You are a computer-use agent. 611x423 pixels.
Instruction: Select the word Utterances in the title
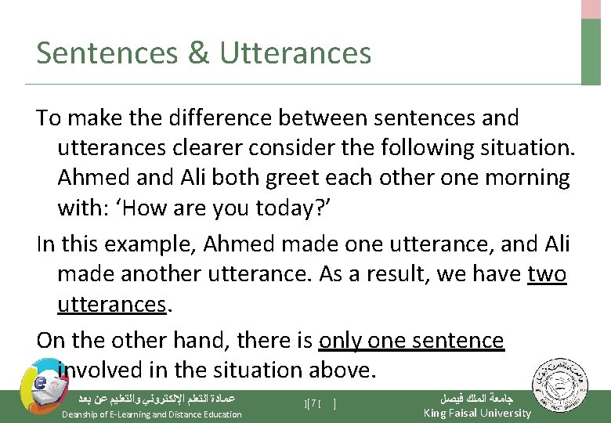point(295,53)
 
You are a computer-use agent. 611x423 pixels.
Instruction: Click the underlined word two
point(547,273)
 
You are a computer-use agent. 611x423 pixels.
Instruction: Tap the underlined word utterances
point(111,303)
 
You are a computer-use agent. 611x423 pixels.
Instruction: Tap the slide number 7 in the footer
point(313,404)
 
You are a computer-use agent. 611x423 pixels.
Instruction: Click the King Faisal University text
point(476,413)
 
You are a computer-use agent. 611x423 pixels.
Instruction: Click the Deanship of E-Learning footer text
point(152,414)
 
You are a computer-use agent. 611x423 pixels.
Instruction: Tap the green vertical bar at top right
point(591,51)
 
